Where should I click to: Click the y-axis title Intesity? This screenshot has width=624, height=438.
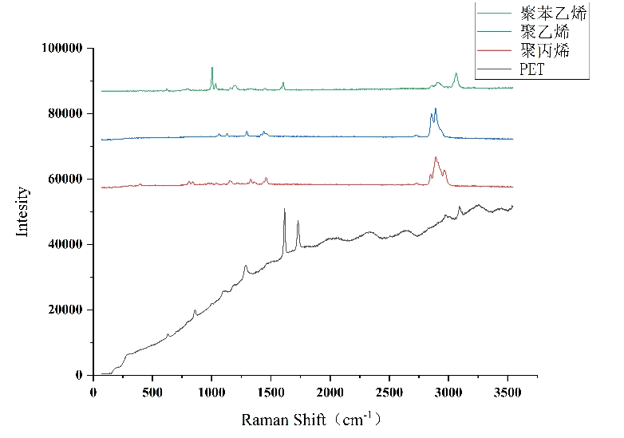click(x=22, y=211)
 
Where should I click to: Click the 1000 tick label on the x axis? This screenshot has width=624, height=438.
click(x=211, y=391)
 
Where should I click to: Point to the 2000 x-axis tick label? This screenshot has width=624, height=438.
click(x=330, y=391)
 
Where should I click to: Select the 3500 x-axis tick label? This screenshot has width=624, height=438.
click(x=507, y=391)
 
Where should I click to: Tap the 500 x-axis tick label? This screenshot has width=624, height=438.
click(x=152, y=391)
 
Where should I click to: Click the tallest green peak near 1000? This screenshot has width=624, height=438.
click(x=212, y=68)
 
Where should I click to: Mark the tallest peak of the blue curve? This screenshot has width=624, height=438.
click(x=436, y=109)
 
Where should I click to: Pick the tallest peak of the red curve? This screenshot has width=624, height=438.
click(x=436, y=157)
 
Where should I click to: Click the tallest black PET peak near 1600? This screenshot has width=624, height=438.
click(x=284, y=209)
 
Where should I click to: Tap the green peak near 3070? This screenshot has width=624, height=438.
click(x=456, y=73)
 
